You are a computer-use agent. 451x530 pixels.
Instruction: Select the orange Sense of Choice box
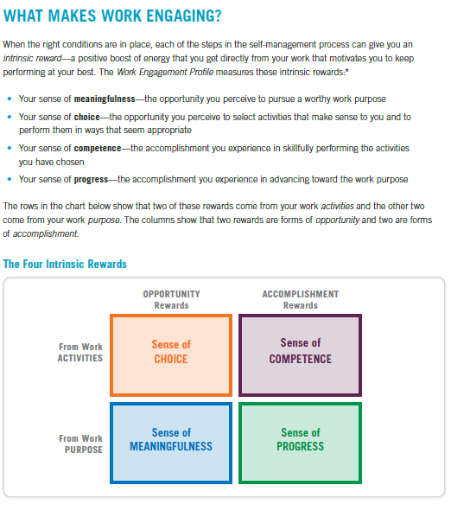170,351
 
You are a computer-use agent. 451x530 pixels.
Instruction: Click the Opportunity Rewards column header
171,299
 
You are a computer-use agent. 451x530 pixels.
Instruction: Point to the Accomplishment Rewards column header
300,299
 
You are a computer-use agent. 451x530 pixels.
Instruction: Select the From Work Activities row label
80,353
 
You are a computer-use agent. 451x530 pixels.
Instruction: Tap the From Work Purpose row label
80,444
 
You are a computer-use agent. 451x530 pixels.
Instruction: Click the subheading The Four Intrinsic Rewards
65,263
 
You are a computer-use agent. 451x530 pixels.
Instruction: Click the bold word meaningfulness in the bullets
104,99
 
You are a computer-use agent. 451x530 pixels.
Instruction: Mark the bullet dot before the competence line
8,148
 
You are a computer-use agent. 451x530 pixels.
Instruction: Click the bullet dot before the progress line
8,180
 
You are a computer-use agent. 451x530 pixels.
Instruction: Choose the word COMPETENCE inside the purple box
300,359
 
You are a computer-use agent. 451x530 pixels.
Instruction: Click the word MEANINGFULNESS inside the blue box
170,447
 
